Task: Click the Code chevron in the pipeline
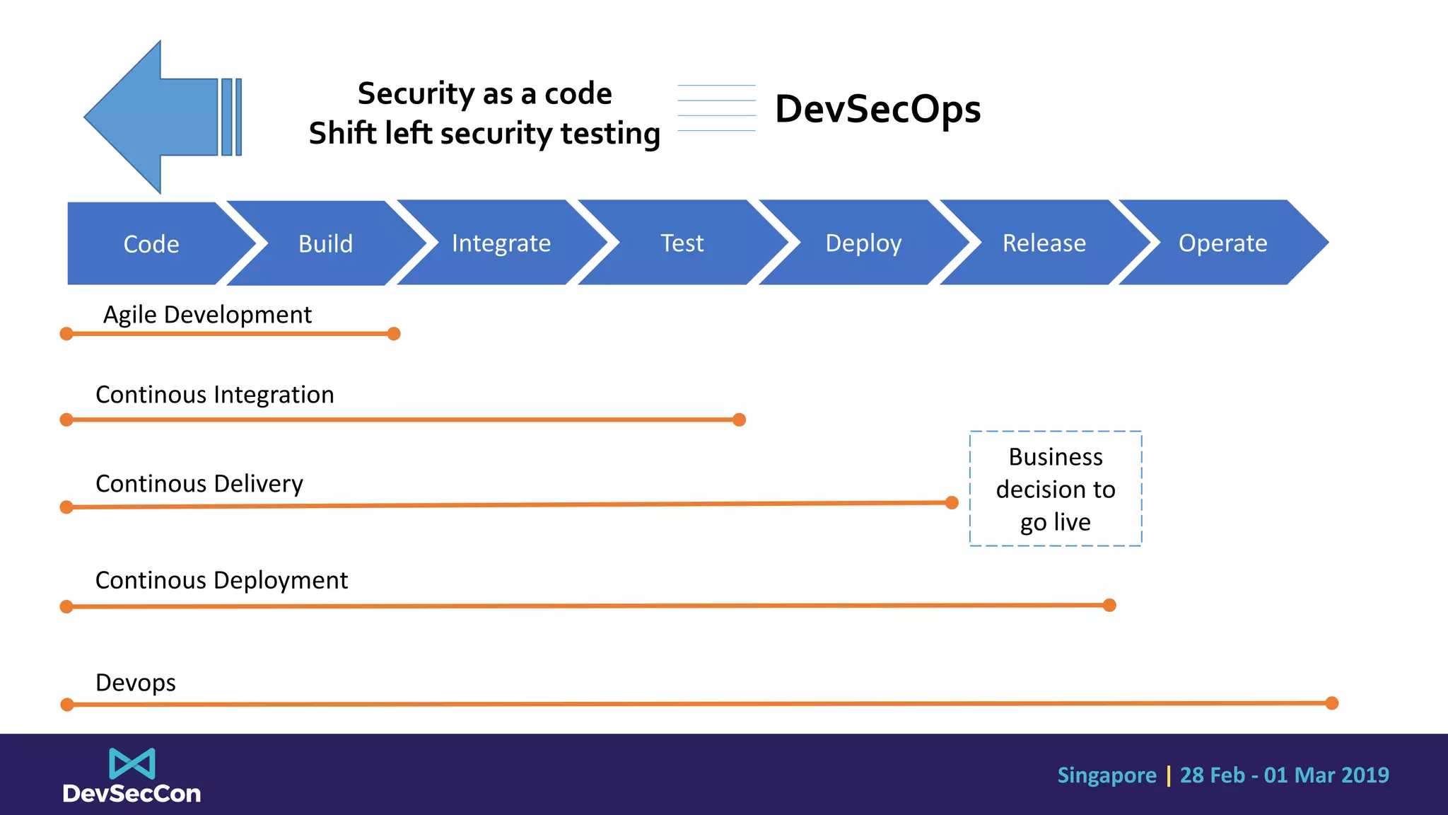pyautogui.click(x=151, y=244)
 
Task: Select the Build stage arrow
pyautogui.click(x=325, y=244)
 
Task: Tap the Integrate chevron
pyautogui.click(x=501, y=243)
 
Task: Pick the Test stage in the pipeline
pyautogui.click(x=682, y=243)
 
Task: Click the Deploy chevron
pyautogui.click(x=863, y=243)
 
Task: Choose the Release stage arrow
pyautogui.click(x=1044, y=243)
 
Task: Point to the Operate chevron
pyautogui.click(x=1222, y=243)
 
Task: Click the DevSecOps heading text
pyautogui.click(x=877, y=109)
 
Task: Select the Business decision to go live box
pyautogui.click(x=1055, y=489)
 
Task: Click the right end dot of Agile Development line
pyautogui.click(x=395, y=334)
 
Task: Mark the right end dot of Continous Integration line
pyautogui.click(x=740, y=420)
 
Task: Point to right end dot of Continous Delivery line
pyautogui.click(x=952, y=503)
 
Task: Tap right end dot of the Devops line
pyautogui.click(x=1332, y=703)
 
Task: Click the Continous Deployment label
pyautogui.click(x=221, y=580)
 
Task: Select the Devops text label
pyautogui.click(x=136, y=683)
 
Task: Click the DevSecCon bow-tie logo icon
pyautogui.click(x=132, y=764)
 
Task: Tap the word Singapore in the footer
pyautogui.click(x=1107, y=775)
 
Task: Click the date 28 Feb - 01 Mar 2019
pyautogui.click(x=1284, y=775)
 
